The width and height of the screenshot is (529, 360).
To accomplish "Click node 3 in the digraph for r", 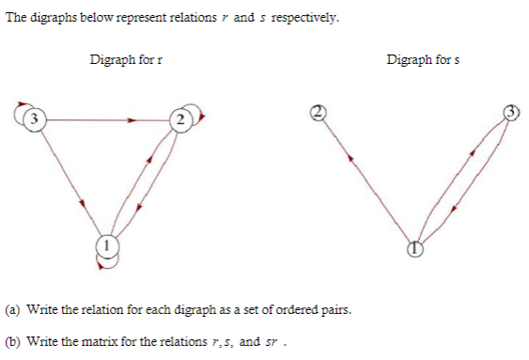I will point(35,119).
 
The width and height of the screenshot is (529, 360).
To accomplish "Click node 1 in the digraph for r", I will point(107,246).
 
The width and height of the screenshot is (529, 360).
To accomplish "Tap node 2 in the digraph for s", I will point(318,112).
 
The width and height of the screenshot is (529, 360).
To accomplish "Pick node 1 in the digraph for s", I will point(414,249).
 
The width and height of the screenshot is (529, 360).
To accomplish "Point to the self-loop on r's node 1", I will point(107,262).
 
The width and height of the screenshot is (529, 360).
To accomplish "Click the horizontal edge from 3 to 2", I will point(103,119).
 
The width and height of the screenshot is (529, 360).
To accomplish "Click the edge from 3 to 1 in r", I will point(70,182).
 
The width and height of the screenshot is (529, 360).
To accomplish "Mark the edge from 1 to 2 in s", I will point(366,180).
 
